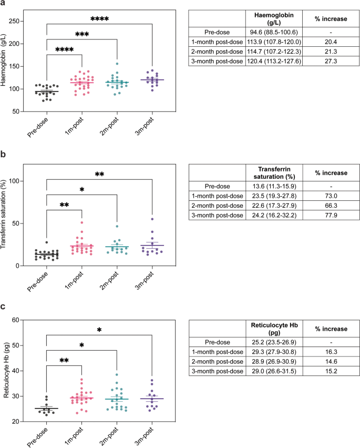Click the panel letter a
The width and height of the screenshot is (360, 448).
[x=4, y=5]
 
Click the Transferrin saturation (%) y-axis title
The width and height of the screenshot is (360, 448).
[x=7, y=220]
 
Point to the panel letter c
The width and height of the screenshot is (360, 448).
[x=4, y=306]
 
